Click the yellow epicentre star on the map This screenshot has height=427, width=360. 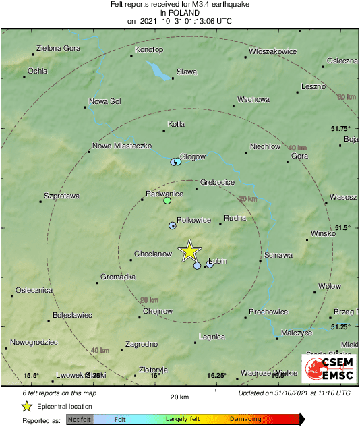[189, 251]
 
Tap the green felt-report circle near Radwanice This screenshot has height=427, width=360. [167, 200]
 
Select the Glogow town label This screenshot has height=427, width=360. [193, 156]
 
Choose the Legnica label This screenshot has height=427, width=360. [212, 336]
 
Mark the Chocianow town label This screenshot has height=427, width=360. [152, 254]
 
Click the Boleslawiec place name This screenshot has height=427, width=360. [71, 314]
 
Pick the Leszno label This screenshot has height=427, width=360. [313, 86]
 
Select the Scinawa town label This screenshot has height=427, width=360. [278, 255]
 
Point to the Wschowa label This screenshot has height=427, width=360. [253, 99]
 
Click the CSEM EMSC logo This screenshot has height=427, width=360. [328, 369]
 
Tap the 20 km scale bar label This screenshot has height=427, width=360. [179, 396]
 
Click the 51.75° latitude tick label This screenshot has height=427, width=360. [341, 128]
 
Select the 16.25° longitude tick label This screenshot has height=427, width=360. [216, 376]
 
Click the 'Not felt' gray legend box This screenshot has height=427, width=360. [79, 419]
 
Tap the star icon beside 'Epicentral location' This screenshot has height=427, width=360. [26, 406]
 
